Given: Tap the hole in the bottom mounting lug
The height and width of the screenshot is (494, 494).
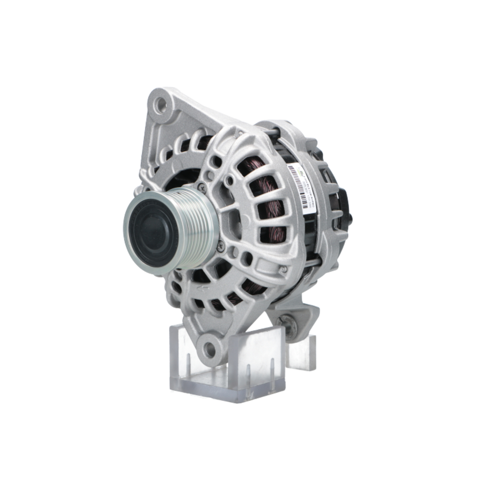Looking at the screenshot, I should coord(210,349).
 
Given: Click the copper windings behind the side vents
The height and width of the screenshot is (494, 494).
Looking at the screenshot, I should coord(267,198).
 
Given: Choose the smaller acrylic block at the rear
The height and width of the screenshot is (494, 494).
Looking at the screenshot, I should coord(301,351).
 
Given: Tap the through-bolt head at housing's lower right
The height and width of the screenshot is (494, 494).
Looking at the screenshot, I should coord(283,270).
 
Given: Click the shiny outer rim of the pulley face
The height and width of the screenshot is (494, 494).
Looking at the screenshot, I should coord(129,247).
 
